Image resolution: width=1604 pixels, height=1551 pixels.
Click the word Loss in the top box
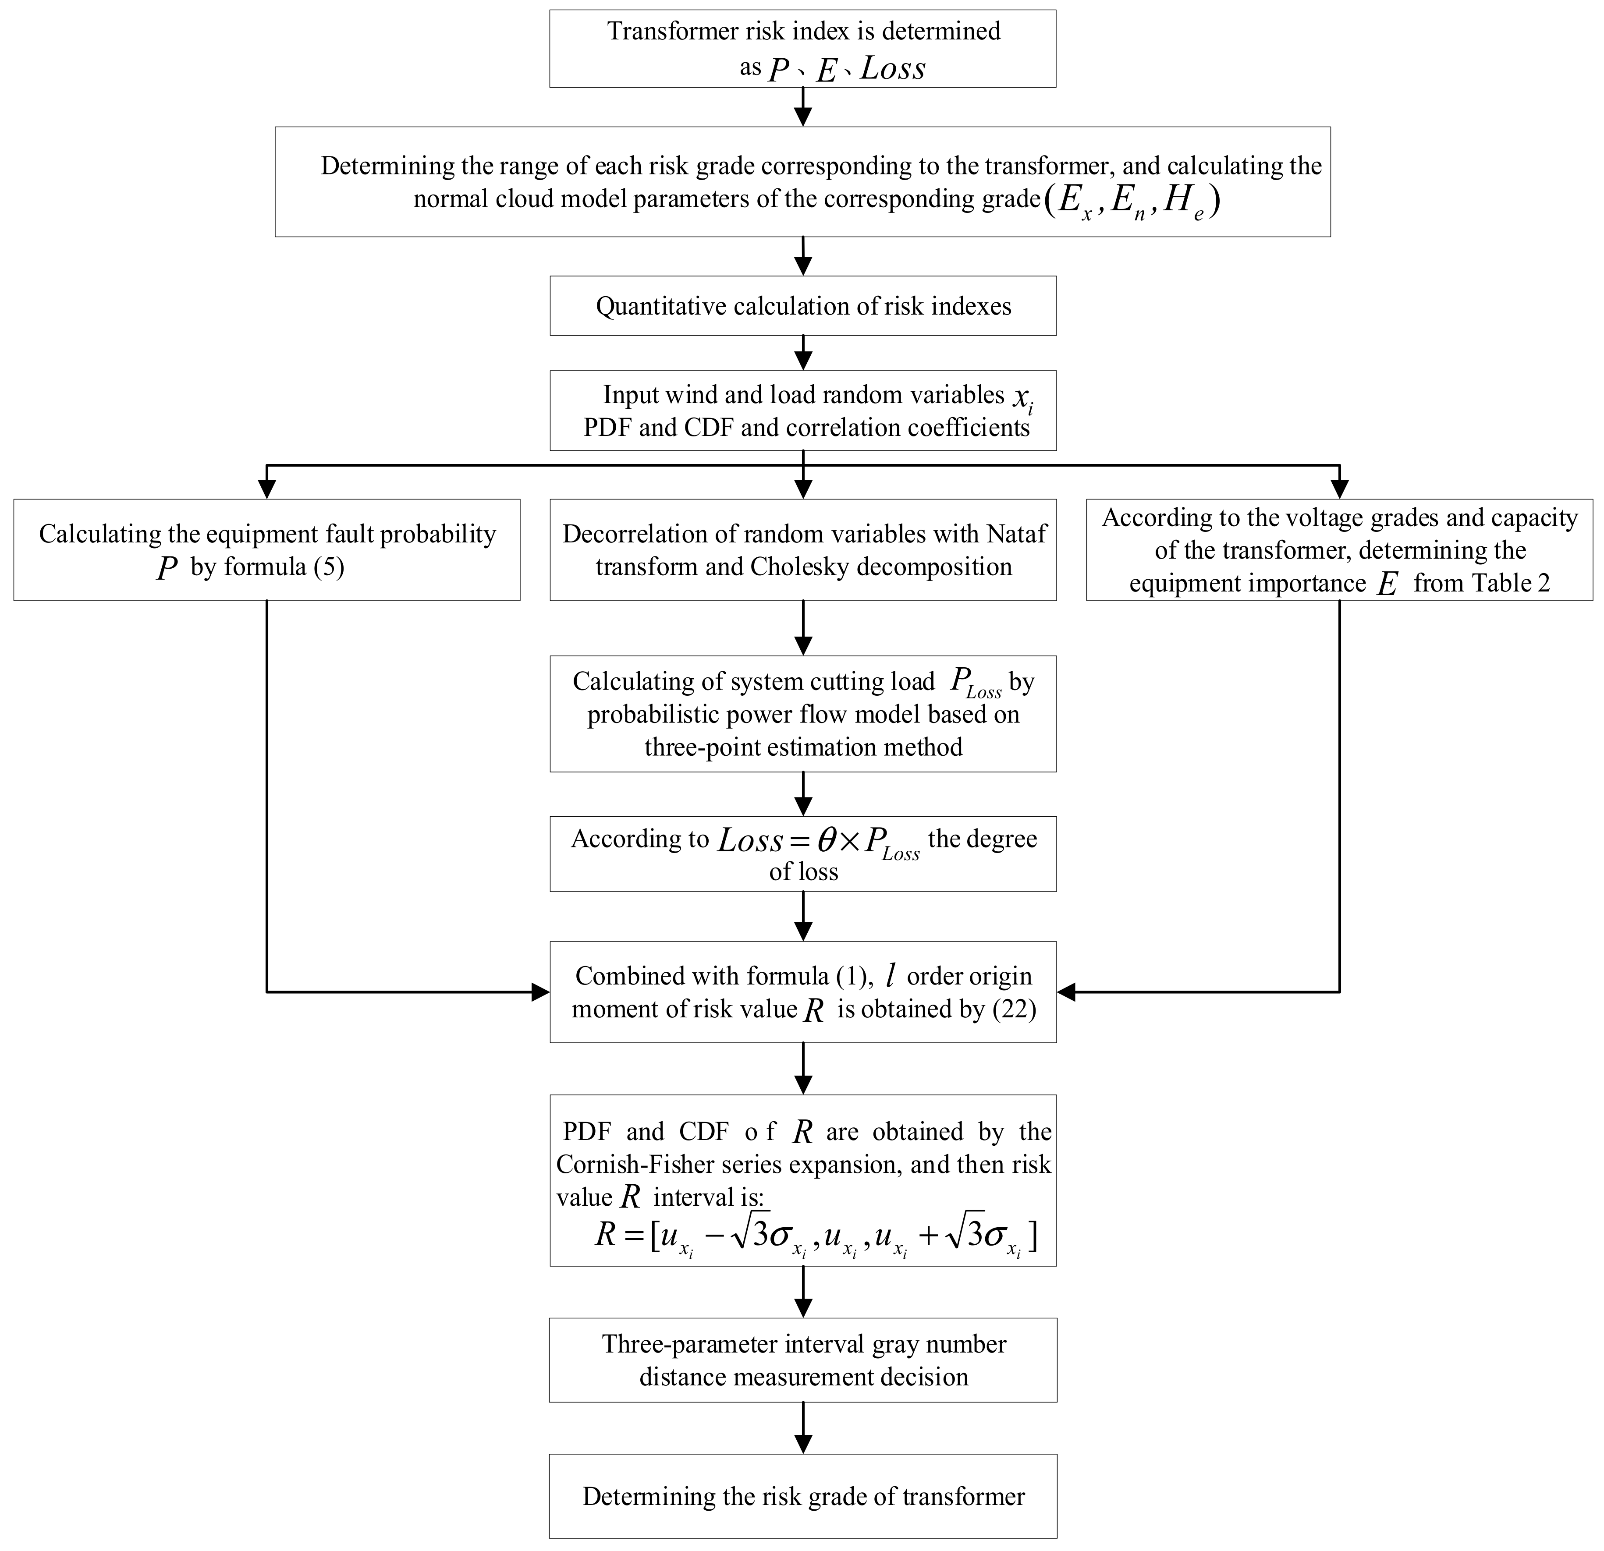point(893,68)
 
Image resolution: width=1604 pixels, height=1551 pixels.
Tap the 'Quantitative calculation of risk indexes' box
point(803,306)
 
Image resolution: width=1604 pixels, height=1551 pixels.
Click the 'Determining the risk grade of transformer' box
point(803,1496)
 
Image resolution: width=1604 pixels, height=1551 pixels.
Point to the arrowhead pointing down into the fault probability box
point(267,490)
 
